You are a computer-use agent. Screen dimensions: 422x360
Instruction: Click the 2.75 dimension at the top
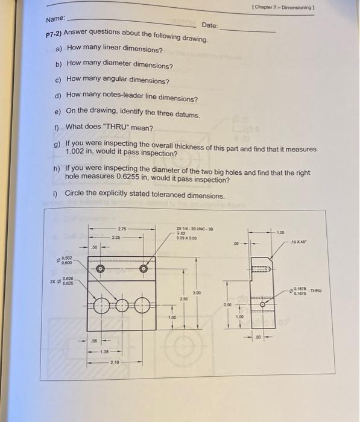coord(122,228)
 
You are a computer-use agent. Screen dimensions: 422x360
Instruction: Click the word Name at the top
coord(56,19)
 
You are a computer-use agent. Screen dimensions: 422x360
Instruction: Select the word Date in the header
coord(210,25)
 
